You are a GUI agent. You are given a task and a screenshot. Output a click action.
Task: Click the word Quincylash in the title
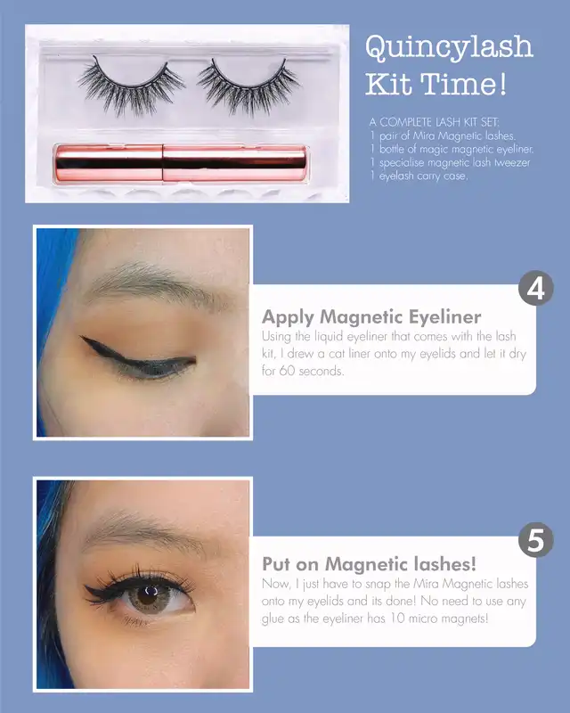coord(449,47)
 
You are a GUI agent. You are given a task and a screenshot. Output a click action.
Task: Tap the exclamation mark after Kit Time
coord(501,84)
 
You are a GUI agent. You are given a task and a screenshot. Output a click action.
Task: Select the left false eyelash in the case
coord(131,86)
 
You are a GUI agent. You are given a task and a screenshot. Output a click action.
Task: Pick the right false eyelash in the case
coord(249,86)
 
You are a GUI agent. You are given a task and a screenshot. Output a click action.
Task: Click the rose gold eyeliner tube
coord(181,163)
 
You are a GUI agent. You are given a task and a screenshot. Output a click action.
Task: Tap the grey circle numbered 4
coord(536,288)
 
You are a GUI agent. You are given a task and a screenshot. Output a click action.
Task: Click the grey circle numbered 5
coord(536,540)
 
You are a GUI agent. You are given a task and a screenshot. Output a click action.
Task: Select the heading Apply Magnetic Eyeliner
coord(371,317)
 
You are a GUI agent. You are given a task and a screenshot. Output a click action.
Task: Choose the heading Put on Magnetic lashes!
coord(369,564)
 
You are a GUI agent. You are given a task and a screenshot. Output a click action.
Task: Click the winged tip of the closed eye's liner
coord(82,338)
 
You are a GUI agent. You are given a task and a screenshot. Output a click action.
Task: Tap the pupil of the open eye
coord(149,594)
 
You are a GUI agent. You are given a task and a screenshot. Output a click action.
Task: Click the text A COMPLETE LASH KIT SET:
coord(434,122)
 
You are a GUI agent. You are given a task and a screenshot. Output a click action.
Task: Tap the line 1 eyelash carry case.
coord(419,176)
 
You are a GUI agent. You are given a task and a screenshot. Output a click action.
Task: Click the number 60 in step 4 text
coord(287,371)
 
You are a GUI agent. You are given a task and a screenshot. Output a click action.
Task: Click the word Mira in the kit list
coord(424,135)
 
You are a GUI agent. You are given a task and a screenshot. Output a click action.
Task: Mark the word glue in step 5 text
coord(273,619)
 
